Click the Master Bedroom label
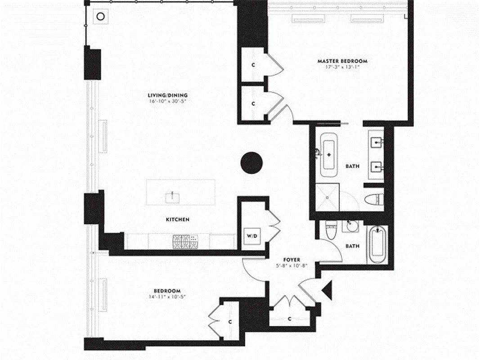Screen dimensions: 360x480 point(342,61)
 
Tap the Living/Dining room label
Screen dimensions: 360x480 point(167,95)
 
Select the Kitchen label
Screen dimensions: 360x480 point(177,220)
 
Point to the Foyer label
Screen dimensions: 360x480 point(292,260)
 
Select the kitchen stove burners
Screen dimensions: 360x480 point(184,242)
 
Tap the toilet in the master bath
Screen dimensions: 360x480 point(374,198)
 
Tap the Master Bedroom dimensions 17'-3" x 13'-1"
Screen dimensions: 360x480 point(342,67)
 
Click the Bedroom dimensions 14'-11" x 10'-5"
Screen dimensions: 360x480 point(167,297)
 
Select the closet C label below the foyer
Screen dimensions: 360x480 point(289,319)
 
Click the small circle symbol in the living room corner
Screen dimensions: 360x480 point(101,16)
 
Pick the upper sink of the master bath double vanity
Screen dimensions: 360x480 point(376,144)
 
